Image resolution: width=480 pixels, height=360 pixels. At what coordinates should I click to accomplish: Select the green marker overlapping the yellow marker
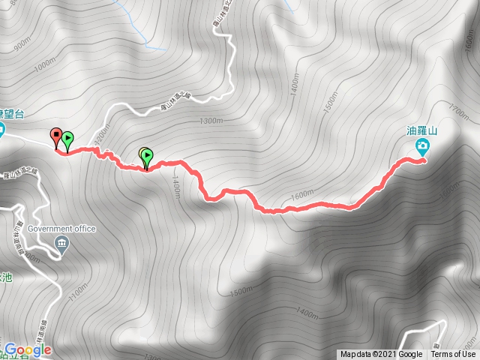coord(148,157)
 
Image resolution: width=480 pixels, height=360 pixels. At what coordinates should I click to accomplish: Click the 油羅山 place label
coord(422,130)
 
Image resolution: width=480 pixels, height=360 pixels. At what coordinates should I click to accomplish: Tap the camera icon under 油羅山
coord(423,145)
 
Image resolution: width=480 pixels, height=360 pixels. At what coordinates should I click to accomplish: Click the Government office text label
coord(61,229)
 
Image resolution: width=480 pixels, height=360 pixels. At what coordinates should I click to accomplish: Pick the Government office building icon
coord(61,242)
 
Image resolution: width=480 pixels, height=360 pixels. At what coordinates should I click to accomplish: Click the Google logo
coord(27,349)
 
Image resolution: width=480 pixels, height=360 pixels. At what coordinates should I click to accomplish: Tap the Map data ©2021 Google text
coord(380,355)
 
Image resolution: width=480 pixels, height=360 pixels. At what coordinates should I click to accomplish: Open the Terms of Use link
coord(454,355)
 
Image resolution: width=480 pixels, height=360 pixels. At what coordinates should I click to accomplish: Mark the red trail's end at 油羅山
coord(424,159)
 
